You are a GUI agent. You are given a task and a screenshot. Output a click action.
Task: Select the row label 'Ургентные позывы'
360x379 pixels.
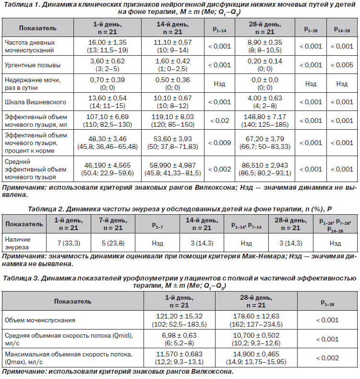[x=33, y=65]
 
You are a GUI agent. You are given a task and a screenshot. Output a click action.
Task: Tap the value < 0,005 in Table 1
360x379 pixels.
[x=342, y=65]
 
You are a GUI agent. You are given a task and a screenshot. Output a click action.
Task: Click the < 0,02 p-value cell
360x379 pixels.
[x=219, y=121]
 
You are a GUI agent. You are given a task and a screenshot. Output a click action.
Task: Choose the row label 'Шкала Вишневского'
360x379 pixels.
[x=36, y=102]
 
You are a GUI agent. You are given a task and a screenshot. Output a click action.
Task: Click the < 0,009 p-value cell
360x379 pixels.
[x=219, y=143]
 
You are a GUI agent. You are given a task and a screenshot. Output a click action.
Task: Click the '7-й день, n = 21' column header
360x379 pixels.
[x=113, y=224]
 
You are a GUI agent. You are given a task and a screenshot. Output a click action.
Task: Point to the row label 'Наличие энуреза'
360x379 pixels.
[x=18, y=243]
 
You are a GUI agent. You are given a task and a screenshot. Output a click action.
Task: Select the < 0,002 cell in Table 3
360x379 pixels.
[x=327, y=358]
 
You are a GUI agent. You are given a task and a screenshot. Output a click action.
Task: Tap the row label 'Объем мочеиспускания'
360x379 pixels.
[x=40, y=320]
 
